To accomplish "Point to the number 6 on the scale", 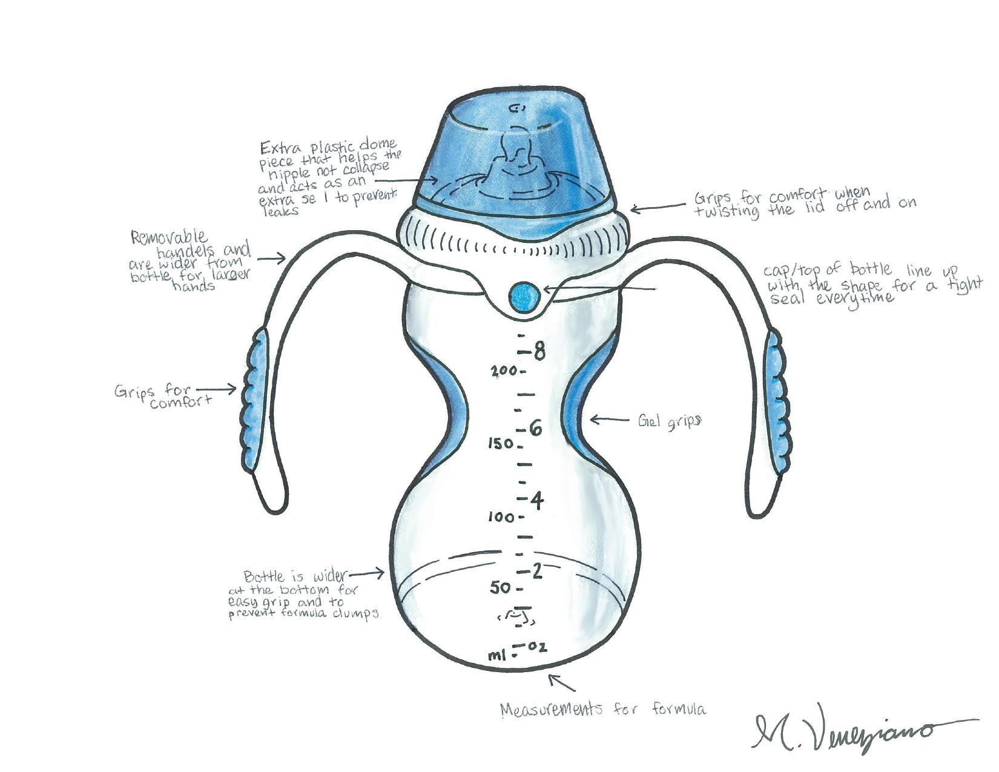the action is [536, 429].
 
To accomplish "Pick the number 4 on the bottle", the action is [537, 500].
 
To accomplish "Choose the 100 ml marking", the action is [501, 518].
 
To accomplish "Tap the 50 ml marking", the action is [501, 587].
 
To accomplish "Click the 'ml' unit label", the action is [497, 656].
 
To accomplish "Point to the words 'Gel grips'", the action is [669, 421].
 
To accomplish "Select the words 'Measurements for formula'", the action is [603, 709].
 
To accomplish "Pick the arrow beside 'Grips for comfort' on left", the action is [216, 389].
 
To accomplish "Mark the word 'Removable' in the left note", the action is [169, 237].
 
